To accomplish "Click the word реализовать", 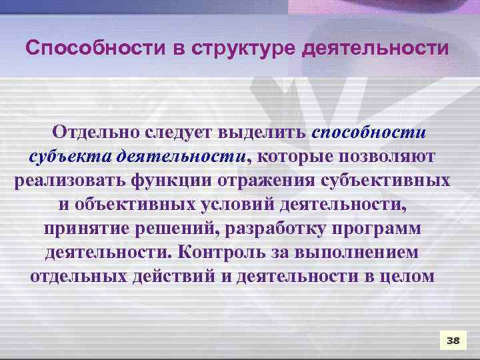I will [70, 181].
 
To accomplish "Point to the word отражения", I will [259, 181].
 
